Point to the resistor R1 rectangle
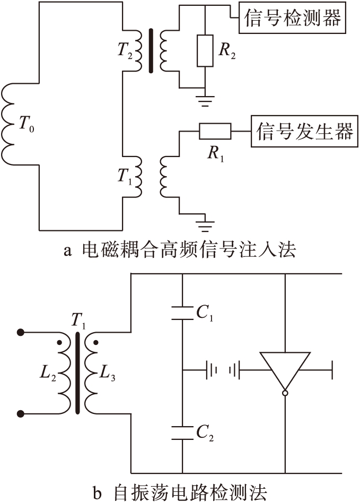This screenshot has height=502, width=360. pyautogui.click(x=215, y=130)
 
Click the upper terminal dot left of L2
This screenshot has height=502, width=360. pyautogui.click(x=21, y=333)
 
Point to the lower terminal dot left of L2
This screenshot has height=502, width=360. pyautogui.click(x=21, y=413)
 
